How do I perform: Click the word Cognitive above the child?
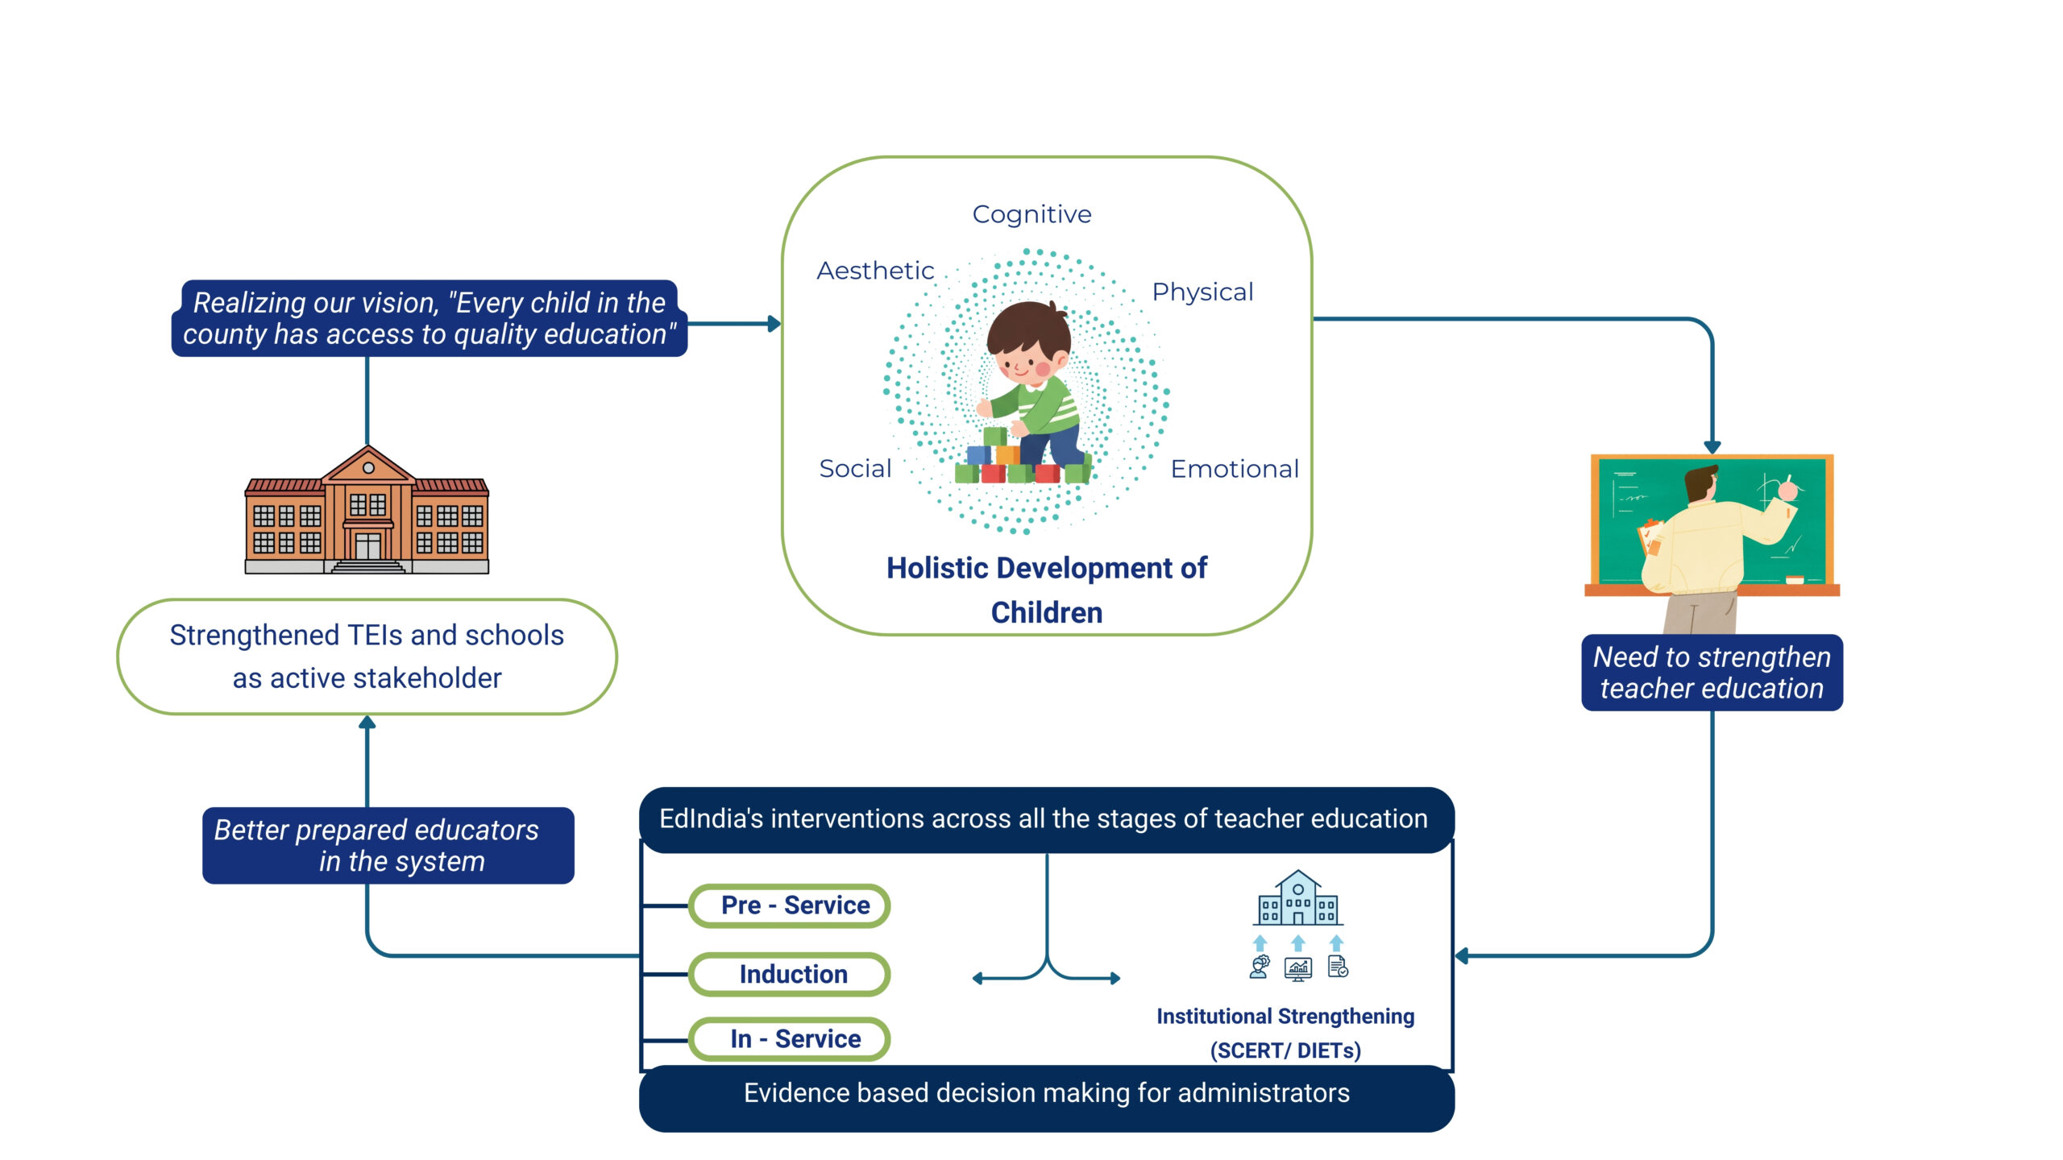point(1031,214)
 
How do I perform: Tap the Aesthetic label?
point(875,271)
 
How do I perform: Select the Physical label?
point(1202,292)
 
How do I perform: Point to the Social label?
point(855,468)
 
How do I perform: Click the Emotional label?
point(1235,469)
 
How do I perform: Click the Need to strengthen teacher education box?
point(1712,673)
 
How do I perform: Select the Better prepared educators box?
point(388,845)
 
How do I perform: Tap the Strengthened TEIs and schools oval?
point(367,657)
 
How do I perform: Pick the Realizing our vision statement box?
point(429,318)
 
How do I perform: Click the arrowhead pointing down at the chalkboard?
point(1712,446)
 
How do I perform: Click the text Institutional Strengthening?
point(1285,1017)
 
